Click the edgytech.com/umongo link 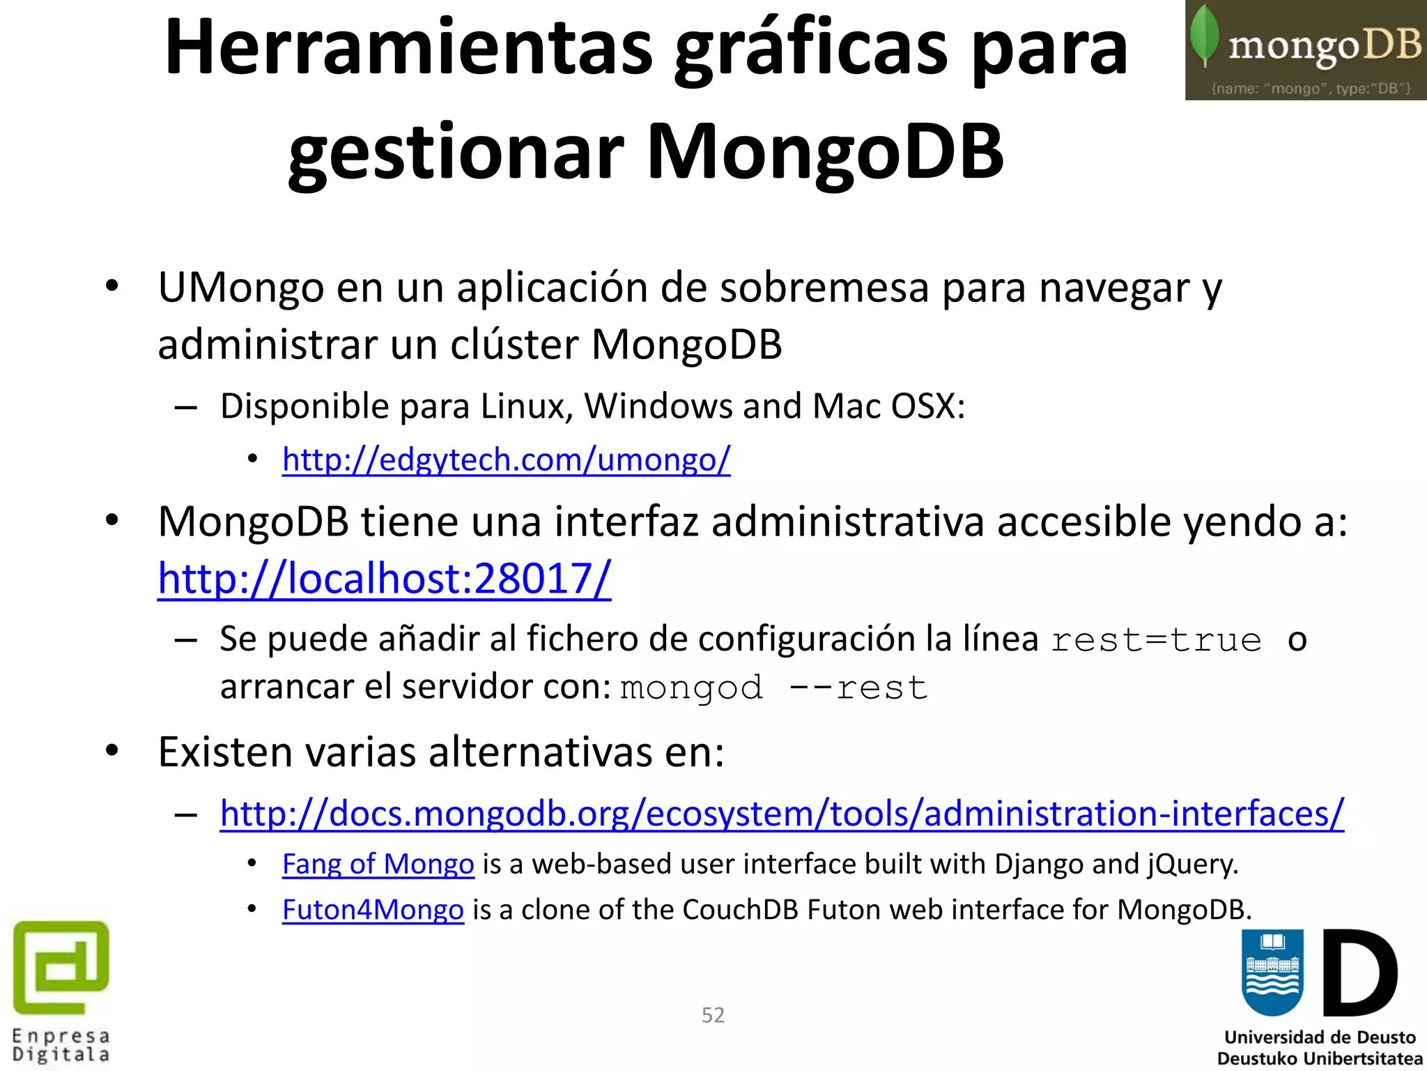pos(506,460)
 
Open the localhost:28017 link pos(384,579)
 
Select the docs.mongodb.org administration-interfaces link pos(782,814)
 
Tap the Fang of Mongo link pos(378,865)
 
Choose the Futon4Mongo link pos(373,910)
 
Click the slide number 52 pos(713,1015)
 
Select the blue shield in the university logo pos(1272,972)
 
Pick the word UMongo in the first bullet pos(240,287)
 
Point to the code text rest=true pos(1156,640)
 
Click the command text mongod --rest pos(773,688)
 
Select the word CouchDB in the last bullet pos(740,910)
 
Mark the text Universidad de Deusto pos(1320,1037)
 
